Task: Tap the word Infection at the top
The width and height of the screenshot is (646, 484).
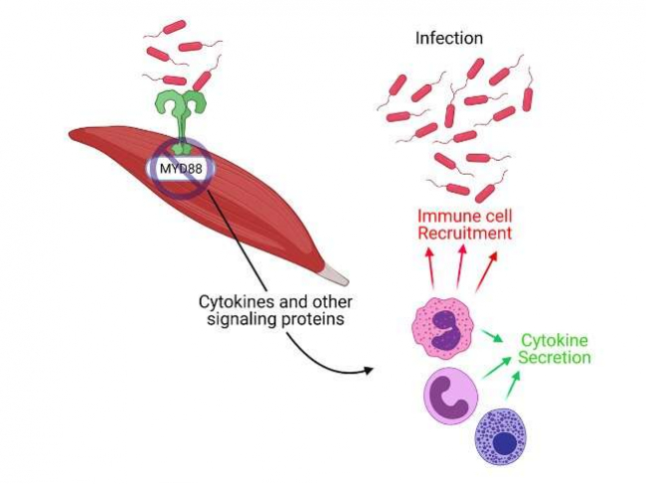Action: tap(448, 39)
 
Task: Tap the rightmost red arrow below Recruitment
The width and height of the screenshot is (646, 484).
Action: tap(487, 268)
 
